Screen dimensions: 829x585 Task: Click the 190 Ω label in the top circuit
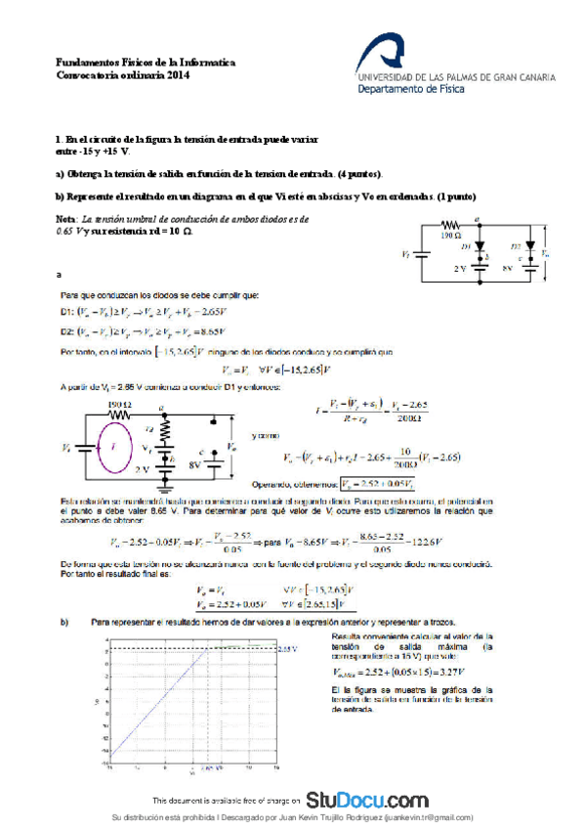click(449, 236)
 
